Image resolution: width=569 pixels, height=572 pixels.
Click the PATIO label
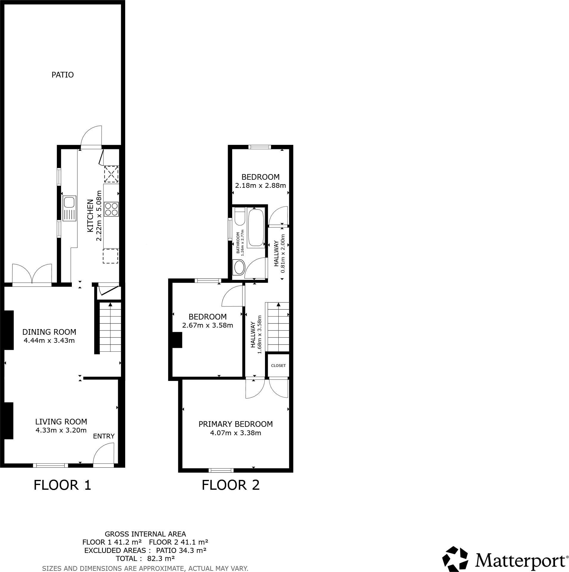point(62,75)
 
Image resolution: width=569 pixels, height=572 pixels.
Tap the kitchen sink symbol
point(69,208)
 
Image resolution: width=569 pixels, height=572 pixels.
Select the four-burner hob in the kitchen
point(111,209)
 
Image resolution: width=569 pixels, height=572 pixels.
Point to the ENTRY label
point(104,436)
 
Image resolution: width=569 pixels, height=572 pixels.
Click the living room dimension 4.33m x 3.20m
point(61,430)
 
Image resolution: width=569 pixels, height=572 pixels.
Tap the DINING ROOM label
point(49,332)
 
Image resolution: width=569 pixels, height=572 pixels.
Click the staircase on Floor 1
point(110,327)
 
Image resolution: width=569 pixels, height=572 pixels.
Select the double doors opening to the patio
point(32,275)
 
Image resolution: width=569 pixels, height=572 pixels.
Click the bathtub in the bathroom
point(256,228)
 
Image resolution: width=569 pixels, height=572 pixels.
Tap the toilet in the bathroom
point(240,217)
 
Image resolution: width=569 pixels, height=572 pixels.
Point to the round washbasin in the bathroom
point(239,267)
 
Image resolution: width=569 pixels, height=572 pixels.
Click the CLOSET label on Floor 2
point(278,365)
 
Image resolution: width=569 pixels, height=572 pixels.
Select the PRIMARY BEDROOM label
point(235,424)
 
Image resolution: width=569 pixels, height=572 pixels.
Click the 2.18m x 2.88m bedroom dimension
point(261,185)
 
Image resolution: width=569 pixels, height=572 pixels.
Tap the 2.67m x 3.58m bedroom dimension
point(207,325)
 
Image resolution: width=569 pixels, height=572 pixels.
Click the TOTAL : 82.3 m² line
point(145,558)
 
